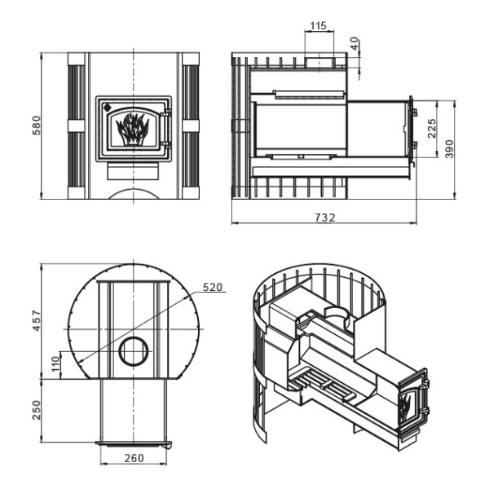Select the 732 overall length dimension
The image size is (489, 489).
(324, 218)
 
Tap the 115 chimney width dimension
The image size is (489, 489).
(319, 26)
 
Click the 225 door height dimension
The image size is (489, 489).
(432, 126)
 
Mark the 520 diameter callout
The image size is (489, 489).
(213, 287)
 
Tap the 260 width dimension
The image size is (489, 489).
(134, 458)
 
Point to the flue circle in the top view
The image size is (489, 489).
(133, 352)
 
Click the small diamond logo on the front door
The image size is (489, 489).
(106, 105)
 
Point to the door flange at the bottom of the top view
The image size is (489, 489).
(134, 444)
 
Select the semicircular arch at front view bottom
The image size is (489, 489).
(134, 194)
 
